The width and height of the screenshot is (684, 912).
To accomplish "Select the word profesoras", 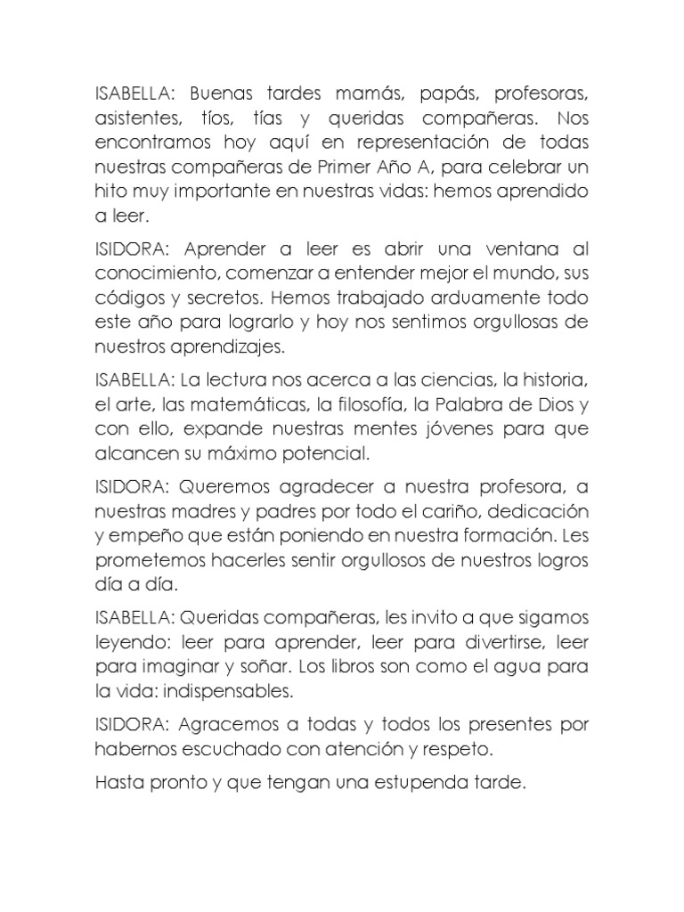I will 535,94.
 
